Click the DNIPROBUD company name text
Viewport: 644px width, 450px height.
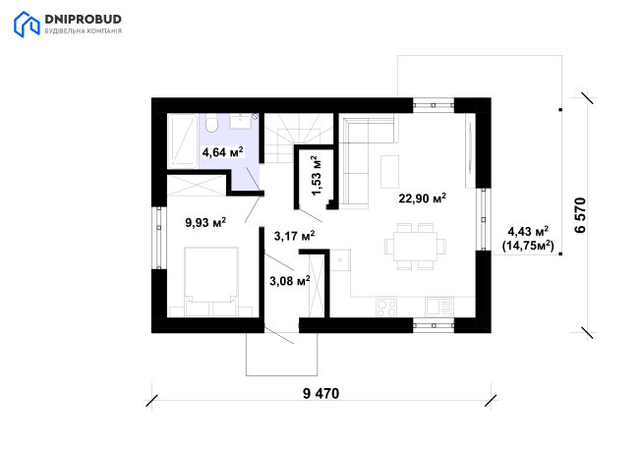tap(83, 19)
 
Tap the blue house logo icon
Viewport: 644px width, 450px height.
tap(27, 25)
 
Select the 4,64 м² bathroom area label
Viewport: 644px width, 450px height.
tap(222, 152)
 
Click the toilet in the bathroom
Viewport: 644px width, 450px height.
tap(211, 124)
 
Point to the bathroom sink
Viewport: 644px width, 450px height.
tap(240, 121)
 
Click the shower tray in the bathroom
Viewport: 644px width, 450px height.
tap(183, 141)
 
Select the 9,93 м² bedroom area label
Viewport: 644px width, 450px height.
tap(205, 222)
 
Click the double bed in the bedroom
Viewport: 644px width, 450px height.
tap(211, 282)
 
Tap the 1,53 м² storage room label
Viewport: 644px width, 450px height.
tap(317, 175)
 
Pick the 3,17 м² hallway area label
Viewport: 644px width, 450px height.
tap(295, 236)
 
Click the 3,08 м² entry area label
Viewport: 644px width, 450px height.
tap(290, 281)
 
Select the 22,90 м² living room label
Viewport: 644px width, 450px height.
tap(422, 198)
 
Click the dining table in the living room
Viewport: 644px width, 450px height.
tap(415, 247)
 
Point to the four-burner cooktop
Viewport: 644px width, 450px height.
tap(386, 308)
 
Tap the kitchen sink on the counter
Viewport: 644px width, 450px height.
tap(439, 307)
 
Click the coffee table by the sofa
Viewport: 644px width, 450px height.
tap(389, 172)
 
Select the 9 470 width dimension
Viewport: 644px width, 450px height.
tap(322, 393)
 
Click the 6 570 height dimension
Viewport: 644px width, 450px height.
tap(580, 215)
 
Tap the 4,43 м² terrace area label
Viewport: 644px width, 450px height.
tap(528, 231)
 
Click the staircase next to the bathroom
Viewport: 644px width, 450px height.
tap(298, 138)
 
